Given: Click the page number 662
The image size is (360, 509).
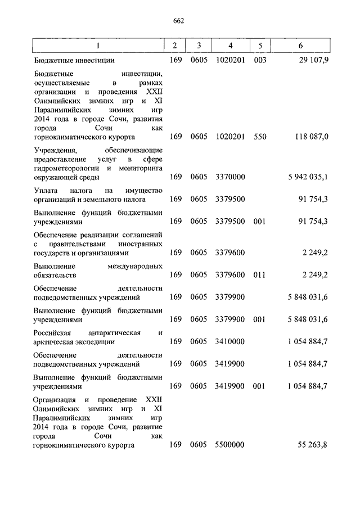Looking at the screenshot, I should pyautogui.click(x=179, y=21).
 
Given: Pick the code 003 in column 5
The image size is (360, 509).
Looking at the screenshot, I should pyautogui.click(x=259, y=60).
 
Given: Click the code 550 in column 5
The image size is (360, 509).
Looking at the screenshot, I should pyautogui.click(x=259, y=136).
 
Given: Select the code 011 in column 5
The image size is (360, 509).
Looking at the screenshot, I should pyautogui.click(x=259, y=274).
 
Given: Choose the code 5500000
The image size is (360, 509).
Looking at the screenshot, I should pyautogui.click(x=229, y=445).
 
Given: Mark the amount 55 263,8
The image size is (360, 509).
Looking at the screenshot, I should pyautogui.click(x=312, y=445).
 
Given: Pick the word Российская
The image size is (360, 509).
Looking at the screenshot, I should pyautogui.click(x=51, y=332).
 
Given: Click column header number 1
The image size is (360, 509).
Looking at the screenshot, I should pyautogui.click(x=98, y=45).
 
